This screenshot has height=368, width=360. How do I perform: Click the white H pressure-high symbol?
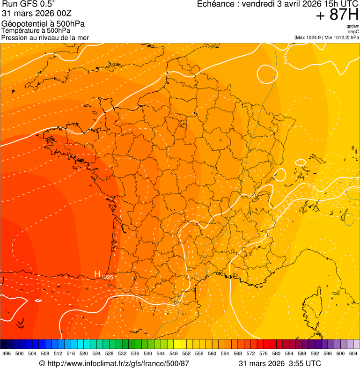[x=98, y=274]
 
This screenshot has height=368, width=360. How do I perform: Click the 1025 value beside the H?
[x=107, y=278]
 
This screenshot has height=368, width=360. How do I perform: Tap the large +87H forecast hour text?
[x=337, y=15]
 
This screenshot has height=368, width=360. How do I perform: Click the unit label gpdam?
[x=353, y=26]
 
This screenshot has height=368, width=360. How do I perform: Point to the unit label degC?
[x=353, y=32]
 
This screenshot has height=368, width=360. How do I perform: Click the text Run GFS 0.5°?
[x=28, y=5]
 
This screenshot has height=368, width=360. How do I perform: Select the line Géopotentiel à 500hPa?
[x=43, y=24]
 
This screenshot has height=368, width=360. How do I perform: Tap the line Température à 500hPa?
[x=36, y=31]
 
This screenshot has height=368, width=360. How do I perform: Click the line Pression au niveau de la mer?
[x=45, y=37]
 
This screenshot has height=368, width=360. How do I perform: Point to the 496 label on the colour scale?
[x=7, y=353]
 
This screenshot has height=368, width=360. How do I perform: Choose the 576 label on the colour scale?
[x=263, y=353]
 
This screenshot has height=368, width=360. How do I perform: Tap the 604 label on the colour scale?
[x=353, y=353]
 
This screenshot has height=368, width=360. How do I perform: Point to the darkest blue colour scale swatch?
[x=3, y=344]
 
